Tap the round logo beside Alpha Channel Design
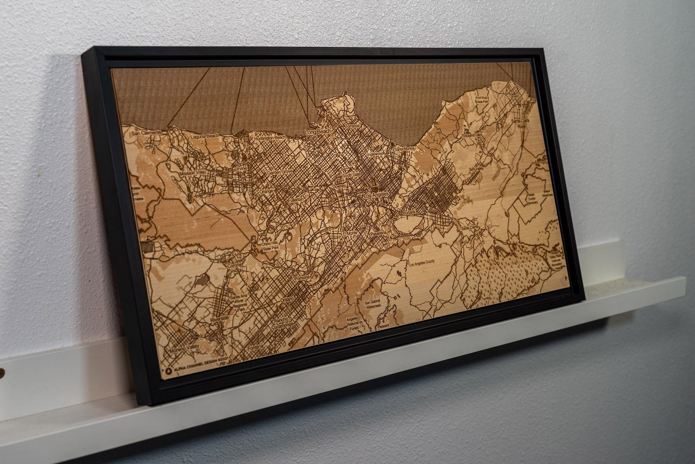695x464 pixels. tap(169, 369)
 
